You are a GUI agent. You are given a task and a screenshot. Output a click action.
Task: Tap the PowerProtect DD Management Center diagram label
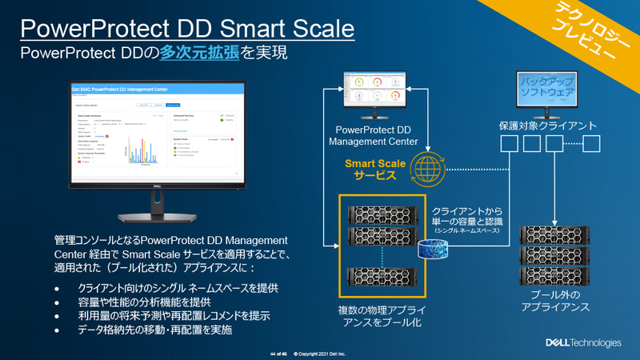coord(373,134)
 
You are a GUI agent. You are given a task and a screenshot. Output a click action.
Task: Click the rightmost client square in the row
coord(592,144)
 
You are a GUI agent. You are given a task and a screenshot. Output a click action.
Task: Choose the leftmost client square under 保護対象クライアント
coord(508,144)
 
